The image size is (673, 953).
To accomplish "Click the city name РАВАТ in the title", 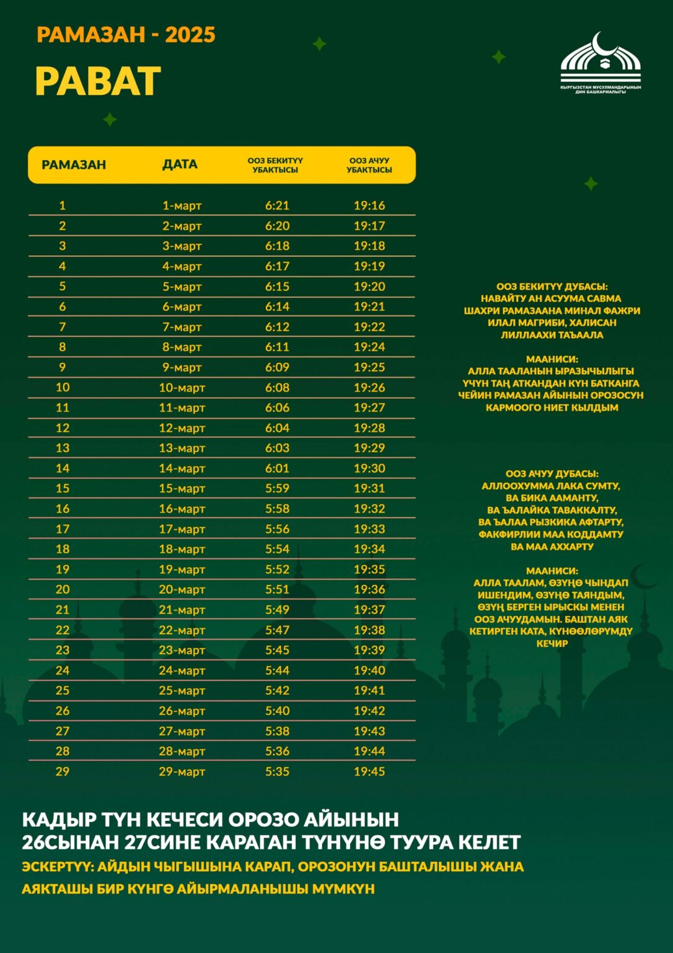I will (x=98, y=81).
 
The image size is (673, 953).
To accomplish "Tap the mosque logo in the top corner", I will (x=600, y=62).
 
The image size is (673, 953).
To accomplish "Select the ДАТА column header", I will (x=180, y=164).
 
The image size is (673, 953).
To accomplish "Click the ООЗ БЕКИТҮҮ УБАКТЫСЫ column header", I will (x=275, y=165).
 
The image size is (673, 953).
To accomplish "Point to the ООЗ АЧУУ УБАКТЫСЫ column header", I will (x=369, y=165).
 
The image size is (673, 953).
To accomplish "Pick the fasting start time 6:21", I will (x=277, y=205).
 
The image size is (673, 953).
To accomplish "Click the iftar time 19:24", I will (x=369, y=347).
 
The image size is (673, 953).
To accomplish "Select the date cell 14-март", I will (x=182, y=468).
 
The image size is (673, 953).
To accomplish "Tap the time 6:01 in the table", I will (x=277, y=468).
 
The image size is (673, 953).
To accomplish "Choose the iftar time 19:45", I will (x=369, y=771).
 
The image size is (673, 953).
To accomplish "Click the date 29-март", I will (x=182, y=771).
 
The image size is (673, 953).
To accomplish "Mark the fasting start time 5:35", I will (x=277, y=771).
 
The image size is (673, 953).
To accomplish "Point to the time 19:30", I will (x=369, y=468).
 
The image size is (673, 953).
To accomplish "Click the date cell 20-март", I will (x=182, y=589).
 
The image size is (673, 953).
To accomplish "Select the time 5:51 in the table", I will (x=277, y=589).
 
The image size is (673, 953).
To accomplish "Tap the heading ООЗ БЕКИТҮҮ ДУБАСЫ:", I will (x=552, y=287).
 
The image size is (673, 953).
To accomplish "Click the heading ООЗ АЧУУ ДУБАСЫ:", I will (x=552, y=474).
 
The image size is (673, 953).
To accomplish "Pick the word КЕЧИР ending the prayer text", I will (x=552, y=643).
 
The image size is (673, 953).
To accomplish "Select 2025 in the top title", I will (x=190, y=35).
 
